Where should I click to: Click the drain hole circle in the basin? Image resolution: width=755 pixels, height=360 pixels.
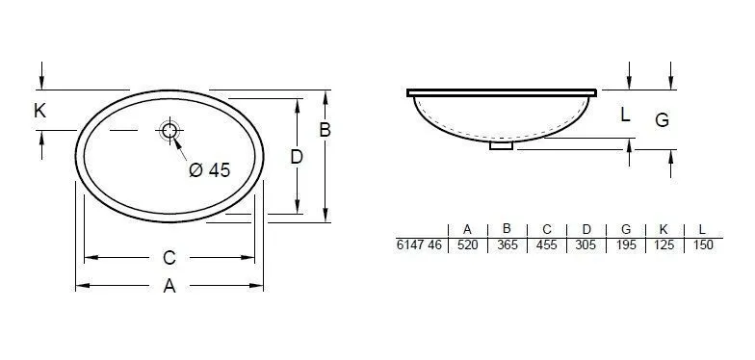(x=170, y=131)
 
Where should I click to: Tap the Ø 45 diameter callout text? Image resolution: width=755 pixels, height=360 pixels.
(x=210, y=169)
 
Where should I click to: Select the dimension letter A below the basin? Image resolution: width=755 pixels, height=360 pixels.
(x=169, y=286)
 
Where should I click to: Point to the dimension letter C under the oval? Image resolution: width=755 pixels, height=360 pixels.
(x=169, y=257)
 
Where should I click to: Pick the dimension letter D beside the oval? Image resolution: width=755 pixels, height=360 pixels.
(x=297, y=156)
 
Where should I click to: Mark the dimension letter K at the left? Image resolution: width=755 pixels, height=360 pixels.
(x=39, y=112)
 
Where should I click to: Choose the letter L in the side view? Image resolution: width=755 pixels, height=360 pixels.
(x=624, y=115)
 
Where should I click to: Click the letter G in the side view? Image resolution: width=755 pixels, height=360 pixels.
(x=662, y=119)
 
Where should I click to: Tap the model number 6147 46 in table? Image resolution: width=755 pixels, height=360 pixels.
(x=419, y=245)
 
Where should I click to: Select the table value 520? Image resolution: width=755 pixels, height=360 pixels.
(x=467, y=245)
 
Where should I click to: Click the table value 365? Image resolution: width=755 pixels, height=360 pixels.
(x=507, y=245)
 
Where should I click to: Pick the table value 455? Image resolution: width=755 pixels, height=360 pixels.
(x=546, y=245)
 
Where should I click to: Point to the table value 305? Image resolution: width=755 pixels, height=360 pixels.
(x=586, y=245)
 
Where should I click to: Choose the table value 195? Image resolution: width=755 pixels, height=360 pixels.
(x=625, y=245)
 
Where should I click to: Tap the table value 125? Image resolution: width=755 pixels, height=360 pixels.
(x=664, y=245)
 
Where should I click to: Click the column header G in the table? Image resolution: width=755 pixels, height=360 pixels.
(x=625, y=229)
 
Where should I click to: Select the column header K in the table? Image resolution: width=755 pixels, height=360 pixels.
(x=664, y=229)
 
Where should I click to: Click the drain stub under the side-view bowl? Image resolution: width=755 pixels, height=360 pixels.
(x=502, y=146)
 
